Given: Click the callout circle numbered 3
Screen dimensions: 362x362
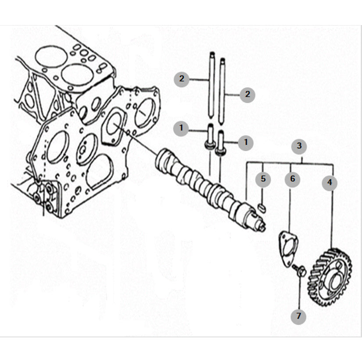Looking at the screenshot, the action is pos(299,146).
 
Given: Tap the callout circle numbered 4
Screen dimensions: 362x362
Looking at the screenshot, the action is pos(330,183).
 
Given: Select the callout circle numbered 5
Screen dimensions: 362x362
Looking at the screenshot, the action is pos(263,179).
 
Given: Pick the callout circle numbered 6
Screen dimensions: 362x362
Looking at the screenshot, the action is pos(292,179).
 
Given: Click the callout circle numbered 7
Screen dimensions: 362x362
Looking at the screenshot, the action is pos(298,316).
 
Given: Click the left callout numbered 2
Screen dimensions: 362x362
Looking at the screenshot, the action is pos(182,79).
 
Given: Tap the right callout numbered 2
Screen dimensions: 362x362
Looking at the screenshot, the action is pos(247,94).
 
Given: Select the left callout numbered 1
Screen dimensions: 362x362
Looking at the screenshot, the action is pos(181,128).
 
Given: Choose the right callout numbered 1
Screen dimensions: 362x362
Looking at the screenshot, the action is pos(246,143).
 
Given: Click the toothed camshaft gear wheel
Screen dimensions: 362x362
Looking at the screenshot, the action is pos(330,277).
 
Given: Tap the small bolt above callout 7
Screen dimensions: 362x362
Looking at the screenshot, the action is pos(299,270).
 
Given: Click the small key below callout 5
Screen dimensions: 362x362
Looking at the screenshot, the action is pos(262,207).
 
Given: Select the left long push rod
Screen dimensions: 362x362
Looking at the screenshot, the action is pos(212,86).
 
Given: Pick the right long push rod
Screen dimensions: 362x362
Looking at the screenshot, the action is pos(222,92).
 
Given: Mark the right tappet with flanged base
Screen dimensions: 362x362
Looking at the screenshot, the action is pos(220,143).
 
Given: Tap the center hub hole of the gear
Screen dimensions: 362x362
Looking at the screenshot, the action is pos(334,280).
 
